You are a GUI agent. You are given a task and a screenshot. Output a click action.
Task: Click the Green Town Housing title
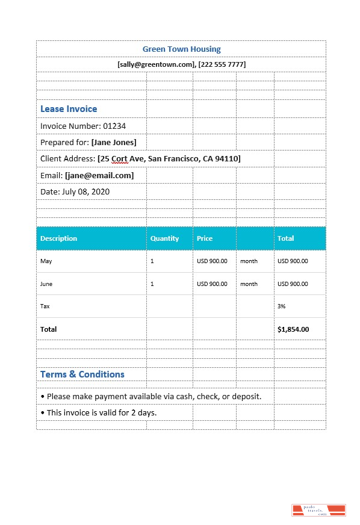tap(181, 49)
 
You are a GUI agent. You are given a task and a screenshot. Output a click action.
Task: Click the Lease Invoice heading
tap(69, 109)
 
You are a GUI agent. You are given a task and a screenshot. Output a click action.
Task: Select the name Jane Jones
tap(114, 142)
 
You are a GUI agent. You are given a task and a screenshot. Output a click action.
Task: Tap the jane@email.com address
tap(99, 175)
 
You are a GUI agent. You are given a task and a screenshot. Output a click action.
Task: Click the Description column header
tap(59, 238)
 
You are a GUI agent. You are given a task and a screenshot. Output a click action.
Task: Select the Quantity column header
tap(164, 238)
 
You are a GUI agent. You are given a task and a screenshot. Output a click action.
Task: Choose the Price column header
tap(205, 238)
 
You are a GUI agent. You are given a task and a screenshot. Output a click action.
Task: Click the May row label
tap(46, 261)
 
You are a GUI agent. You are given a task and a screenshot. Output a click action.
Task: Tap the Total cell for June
tap(293, 284)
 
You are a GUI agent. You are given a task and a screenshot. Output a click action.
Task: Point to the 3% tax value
tap(281, 306)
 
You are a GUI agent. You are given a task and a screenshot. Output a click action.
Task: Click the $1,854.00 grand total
tap(293, 329)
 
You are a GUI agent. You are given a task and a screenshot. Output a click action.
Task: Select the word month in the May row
tap(249, 261)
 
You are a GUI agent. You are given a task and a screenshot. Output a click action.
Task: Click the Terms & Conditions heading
tap(82, 374)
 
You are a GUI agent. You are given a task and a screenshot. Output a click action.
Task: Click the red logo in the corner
tap(318, 511)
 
